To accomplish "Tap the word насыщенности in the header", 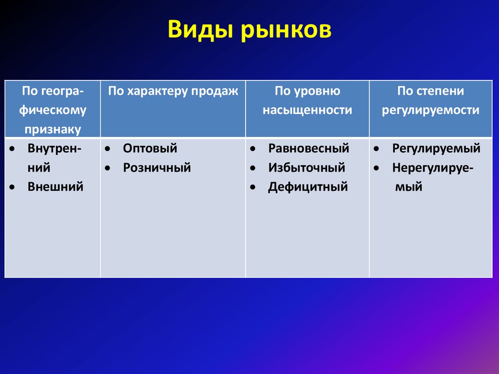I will [307, 111].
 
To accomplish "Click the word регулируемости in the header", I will [430, 111].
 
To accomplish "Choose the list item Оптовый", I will [150, 148].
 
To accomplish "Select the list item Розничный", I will [156, 168].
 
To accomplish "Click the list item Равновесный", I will [308, 148].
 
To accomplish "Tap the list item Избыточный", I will [307, 168].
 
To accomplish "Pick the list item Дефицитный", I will [307, 187].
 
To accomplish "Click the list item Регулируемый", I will [436, 148].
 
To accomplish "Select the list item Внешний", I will [56, 186].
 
